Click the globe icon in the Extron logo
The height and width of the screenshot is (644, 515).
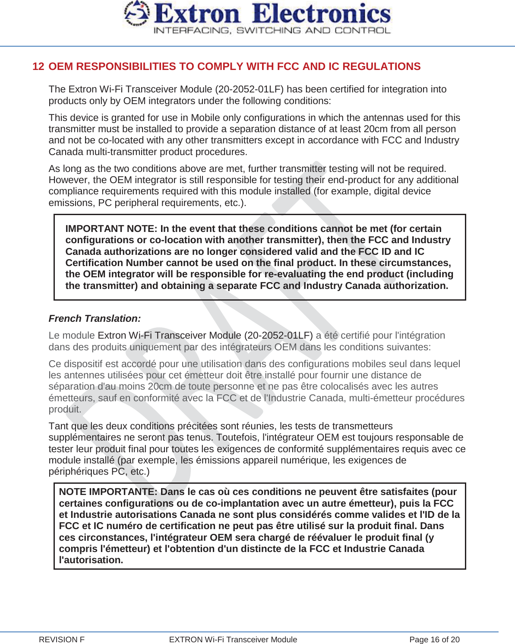click(136, 14)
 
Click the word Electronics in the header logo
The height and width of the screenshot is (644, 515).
click(322, 14)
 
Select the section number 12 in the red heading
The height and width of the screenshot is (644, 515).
click(38, 67)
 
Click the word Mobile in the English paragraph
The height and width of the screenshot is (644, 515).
click(205, 118)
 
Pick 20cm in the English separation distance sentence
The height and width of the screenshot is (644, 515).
click(376, 129)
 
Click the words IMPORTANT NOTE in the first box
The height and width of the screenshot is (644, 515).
click(111, 229)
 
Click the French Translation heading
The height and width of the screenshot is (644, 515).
click(95, 319)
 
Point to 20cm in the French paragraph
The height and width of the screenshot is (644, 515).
click(159, 387)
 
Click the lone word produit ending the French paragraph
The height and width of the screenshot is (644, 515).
click(64, 409)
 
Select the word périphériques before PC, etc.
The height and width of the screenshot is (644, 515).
click(79, 472)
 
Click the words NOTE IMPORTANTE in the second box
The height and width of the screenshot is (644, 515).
click(107, 492)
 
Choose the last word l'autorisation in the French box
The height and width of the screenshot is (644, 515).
click(91, 560)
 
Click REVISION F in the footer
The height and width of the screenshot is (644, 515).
click(62, 640)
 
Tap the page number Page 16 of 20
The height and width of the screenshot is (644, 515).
click(434, 640)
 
